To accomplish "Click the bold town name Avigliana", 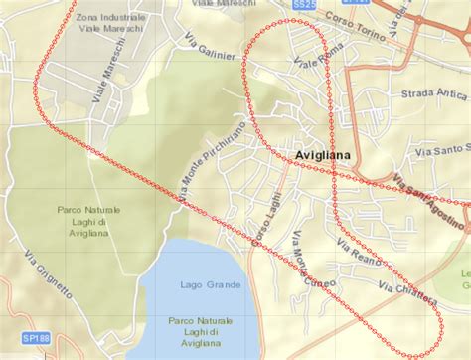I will [327, 155].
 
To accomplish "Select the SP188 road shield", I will [35, 339].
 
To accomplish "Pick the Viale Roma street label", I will [320, 57].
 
